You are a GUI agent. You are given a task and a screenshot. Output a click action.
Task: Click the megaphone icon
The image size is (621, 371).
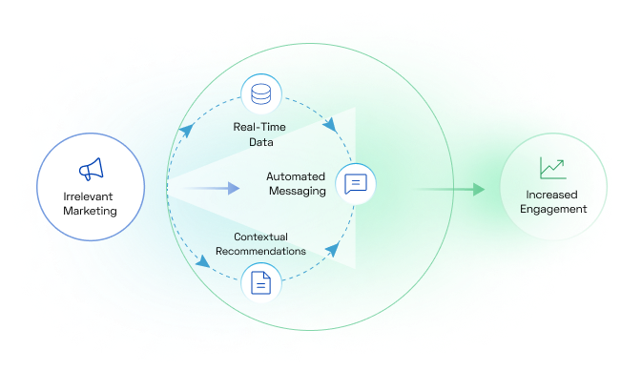(90, 171)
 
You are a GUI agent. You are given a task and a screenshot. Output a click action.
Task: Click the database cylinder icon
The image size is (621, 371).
(260, 94)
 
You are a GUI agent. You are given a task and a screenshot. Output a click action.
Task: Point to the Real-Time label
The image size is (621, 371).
(259, 127)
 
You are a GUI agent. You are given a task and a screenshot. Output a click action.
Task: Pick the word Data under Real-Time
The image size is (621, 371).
(260, 142)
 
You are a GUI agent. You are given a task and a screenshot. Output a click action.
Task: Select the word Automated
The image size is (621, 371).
(296, 176)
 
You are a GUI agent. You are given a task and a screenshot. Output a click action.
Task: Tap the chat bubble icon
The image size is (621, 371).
(356, 183)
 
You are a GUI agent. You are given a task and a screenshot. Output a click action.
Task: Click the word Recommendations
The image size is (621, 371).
(259, 252)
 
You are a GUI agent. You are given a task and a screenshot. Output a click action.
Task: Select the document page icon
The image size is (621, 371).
(260, 283)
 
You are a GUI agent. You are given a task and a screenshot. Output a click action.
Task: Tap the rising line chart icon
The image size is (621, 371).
(552, 169)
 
